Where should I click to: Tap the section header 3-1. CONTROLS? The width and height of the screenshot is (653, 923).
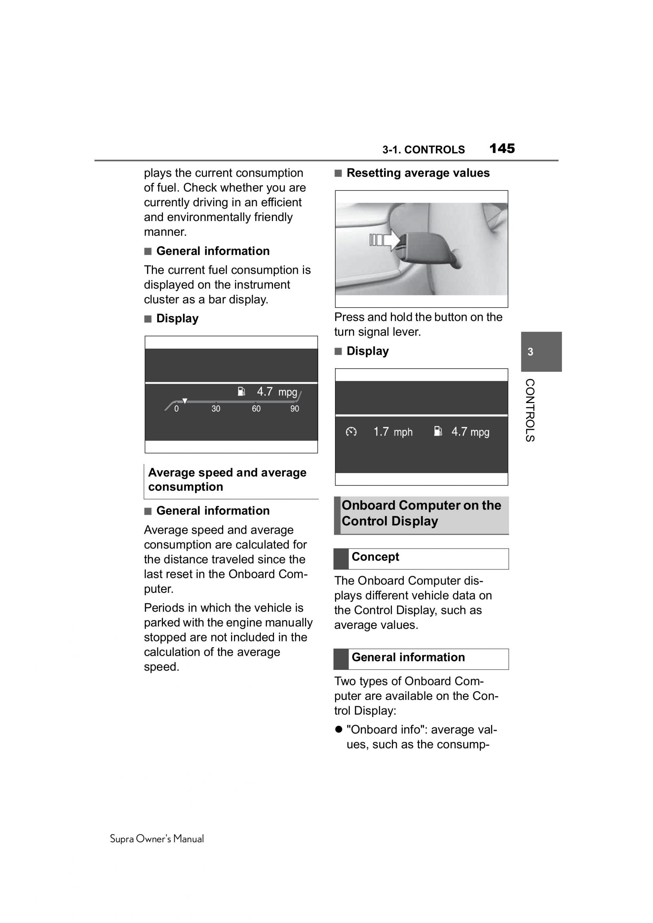pos(423,150)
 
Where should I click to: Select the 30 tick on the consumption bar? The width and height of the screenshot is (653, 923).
pos(216,408)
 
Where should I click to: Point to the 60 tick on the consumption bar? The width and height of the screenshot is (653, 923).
pos(256,408)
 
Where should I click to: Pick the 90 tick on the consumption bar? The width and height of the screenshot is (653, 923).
pos(295,408)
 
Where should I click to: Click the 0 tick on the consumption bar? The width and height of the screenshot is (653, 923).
pos(177,408)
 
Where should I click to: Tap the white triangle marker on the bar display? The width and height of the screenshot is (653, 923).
pos(185,401)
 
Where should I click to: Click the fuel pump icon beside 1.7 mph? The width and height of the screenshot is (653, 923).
pos(438,431)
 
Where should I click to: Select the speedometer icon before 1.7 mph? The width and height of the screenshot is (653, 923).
pos(351,432)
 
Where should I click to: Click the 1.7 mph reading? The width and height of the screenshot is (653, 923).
pos(393,432)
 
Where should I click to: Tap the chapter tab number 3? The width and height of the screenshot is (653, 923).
pos(530,352)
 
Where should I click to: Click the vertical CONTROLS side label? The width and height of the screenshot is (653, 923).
pos(530,410)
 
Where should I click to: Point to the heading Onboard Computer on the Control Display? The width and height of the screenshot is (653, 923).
pos(421,513)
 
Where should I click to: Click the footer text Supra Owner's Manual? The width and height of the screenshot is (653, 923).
pos(157,839)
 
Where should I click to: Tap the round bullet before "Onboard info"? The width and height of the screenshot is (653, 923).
pos(339,729)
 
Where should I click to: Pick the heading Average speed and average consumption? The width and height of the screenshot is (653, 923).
pos(227,479)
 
